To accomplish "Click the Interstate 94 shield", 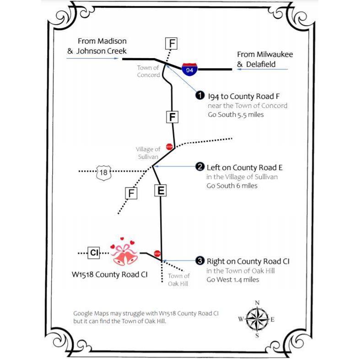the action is tap(189, 69).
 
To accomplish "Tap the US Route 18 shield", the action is tap(103, 172).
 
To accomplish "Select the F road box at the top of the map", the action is tap(172, 43).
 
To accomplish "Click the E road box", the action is tap(161, 190).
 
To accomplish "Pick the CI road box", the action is tap(94, 253).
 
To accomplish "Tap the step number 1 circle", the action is tap(200, 95).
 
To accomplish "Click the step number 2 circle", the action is tap(200, 167).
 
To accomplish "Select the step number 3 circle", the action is tap(200, 261).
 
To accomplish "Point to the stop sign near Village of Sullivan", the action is tap(169, 147).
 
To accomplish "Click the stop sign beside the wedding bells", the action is tap(157, 253).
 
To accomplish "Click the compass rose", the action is tap(257, 319).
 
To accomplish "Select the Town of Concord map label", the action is tap(148, 71).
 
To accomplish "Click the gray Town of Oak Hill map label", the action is tap(178, 279).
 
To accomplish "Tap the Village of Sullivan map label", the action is tap(148, 153).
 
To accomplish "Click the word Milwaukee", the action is tap(274, 54).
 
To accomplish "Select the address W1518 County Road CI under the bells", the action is tap(109, 274).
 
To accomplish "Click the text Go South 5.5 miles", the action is tap(236, 114).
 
